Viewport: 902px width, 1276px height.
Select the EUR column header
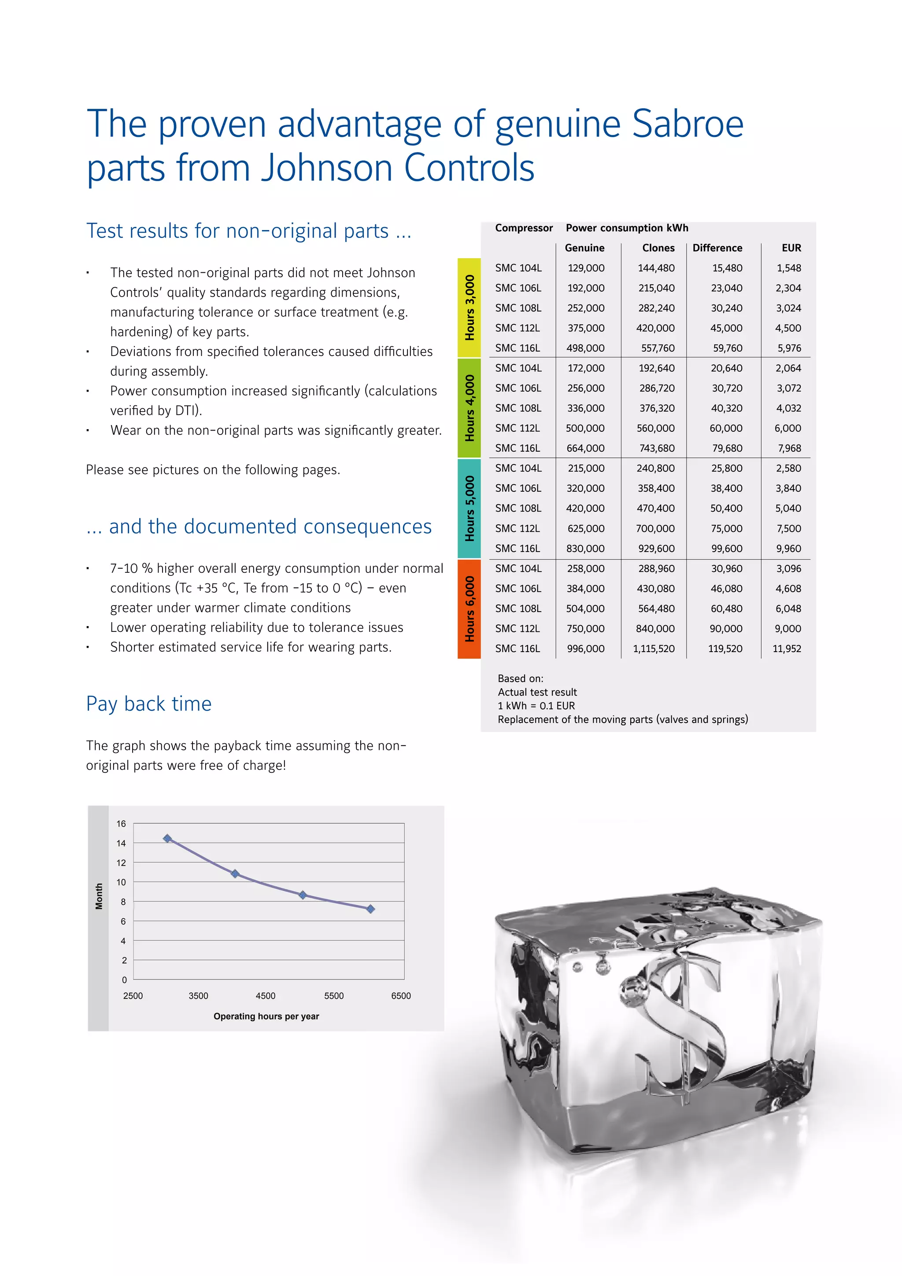click(x=791, y=248)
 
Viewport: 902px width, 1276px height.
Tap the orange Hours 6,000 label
click(x=469, y=608)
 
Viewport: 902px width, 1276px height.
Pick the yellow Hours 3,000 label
click(x=469, y=308)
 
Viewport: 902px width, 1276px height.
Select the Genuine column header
click(x=584, y=248)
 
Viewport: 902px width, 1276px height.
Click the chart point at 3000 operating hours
click(x=167, y=838)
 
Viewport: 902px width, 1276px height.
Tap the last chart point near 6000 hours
click(x=370, y=909)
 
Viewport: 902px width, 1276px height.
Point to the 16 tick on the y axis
click(x=121, y=823)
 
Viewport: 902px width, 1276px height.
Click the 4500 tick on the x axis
click(x=266, y=996)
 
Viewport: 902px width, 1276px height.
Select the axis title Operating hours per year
click(x=266, y=1016)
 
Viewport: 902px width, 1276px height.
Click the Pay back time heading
click(x=149, y=704)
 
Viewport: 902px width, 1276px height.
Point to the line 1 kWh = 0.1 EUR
click(x=536, y=706)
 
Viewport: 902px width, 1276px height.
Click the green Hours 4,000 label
click(x=469, y=408)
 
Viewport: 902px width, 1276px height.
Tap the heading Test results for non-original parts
click(x=248, y=230)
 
